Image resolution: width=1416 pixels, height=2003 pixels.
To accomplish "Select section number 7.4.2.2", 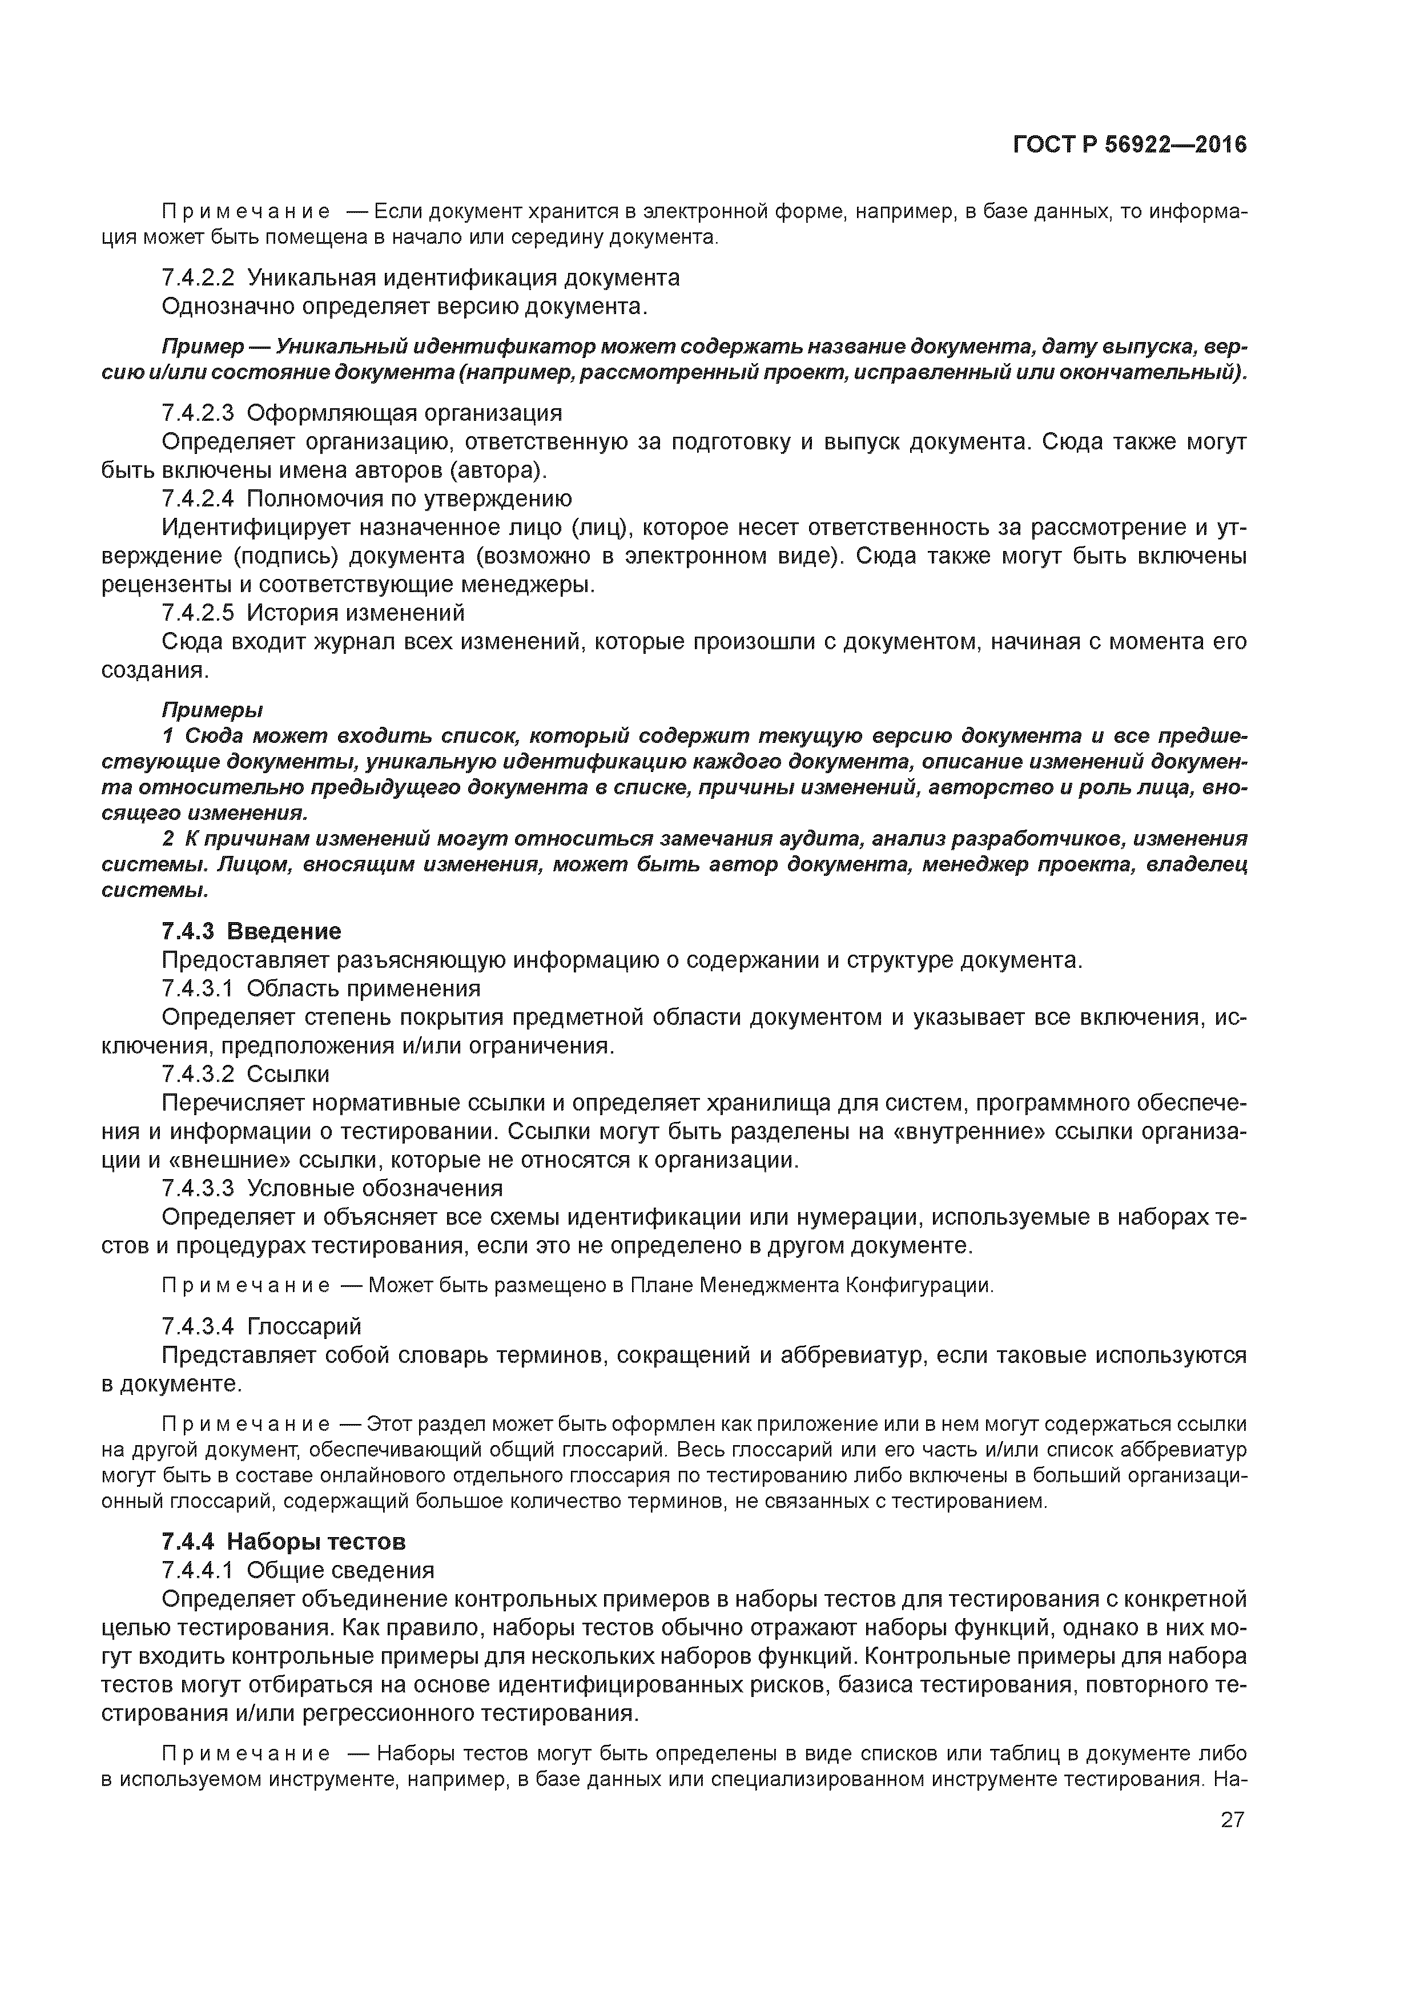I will click(x=198, y=278).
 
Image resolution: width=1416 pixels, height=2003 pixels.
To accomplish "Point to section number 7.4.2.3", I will click(x=198, y=413).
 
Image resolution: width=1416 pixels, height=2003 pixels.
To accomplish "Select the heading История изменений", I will click(x=356, y=613).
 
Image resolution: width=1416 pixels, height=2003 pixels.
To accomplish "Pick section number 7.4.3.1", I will click(x=198, y=988).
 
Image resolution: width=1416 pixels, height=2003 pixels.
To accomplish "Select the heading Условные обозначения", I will click(x=375, y=1188).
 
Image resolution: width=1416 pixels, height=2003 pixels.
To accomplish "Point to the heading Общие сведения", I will click(x=340, y=1570).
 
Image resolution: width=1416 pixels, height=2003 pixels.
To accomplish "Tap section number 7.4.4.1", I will click(x=198, y=1570).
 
